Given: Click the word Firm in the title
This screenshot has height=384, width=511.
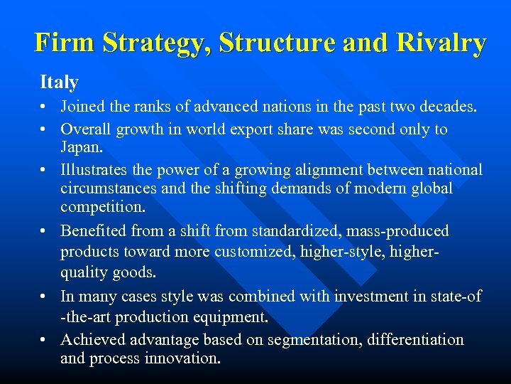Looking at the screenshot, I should [64, 43].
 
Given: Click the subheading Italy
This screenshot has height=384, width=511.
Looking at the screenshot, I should [59, 82].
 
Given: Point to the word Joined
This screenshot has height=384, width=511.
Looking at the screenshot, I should [82, 107].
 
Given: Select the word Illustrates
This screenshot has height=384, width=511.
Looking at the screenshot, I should [94, 170].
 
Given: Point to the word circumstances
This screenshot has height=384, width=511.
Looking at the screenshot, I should [112, 188].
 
